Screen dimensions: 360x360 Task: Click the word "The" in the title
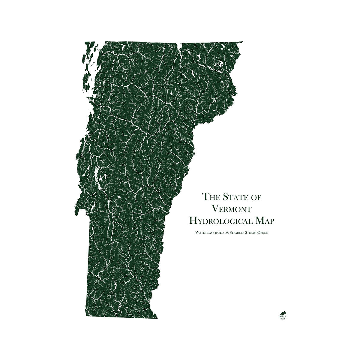209,197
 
